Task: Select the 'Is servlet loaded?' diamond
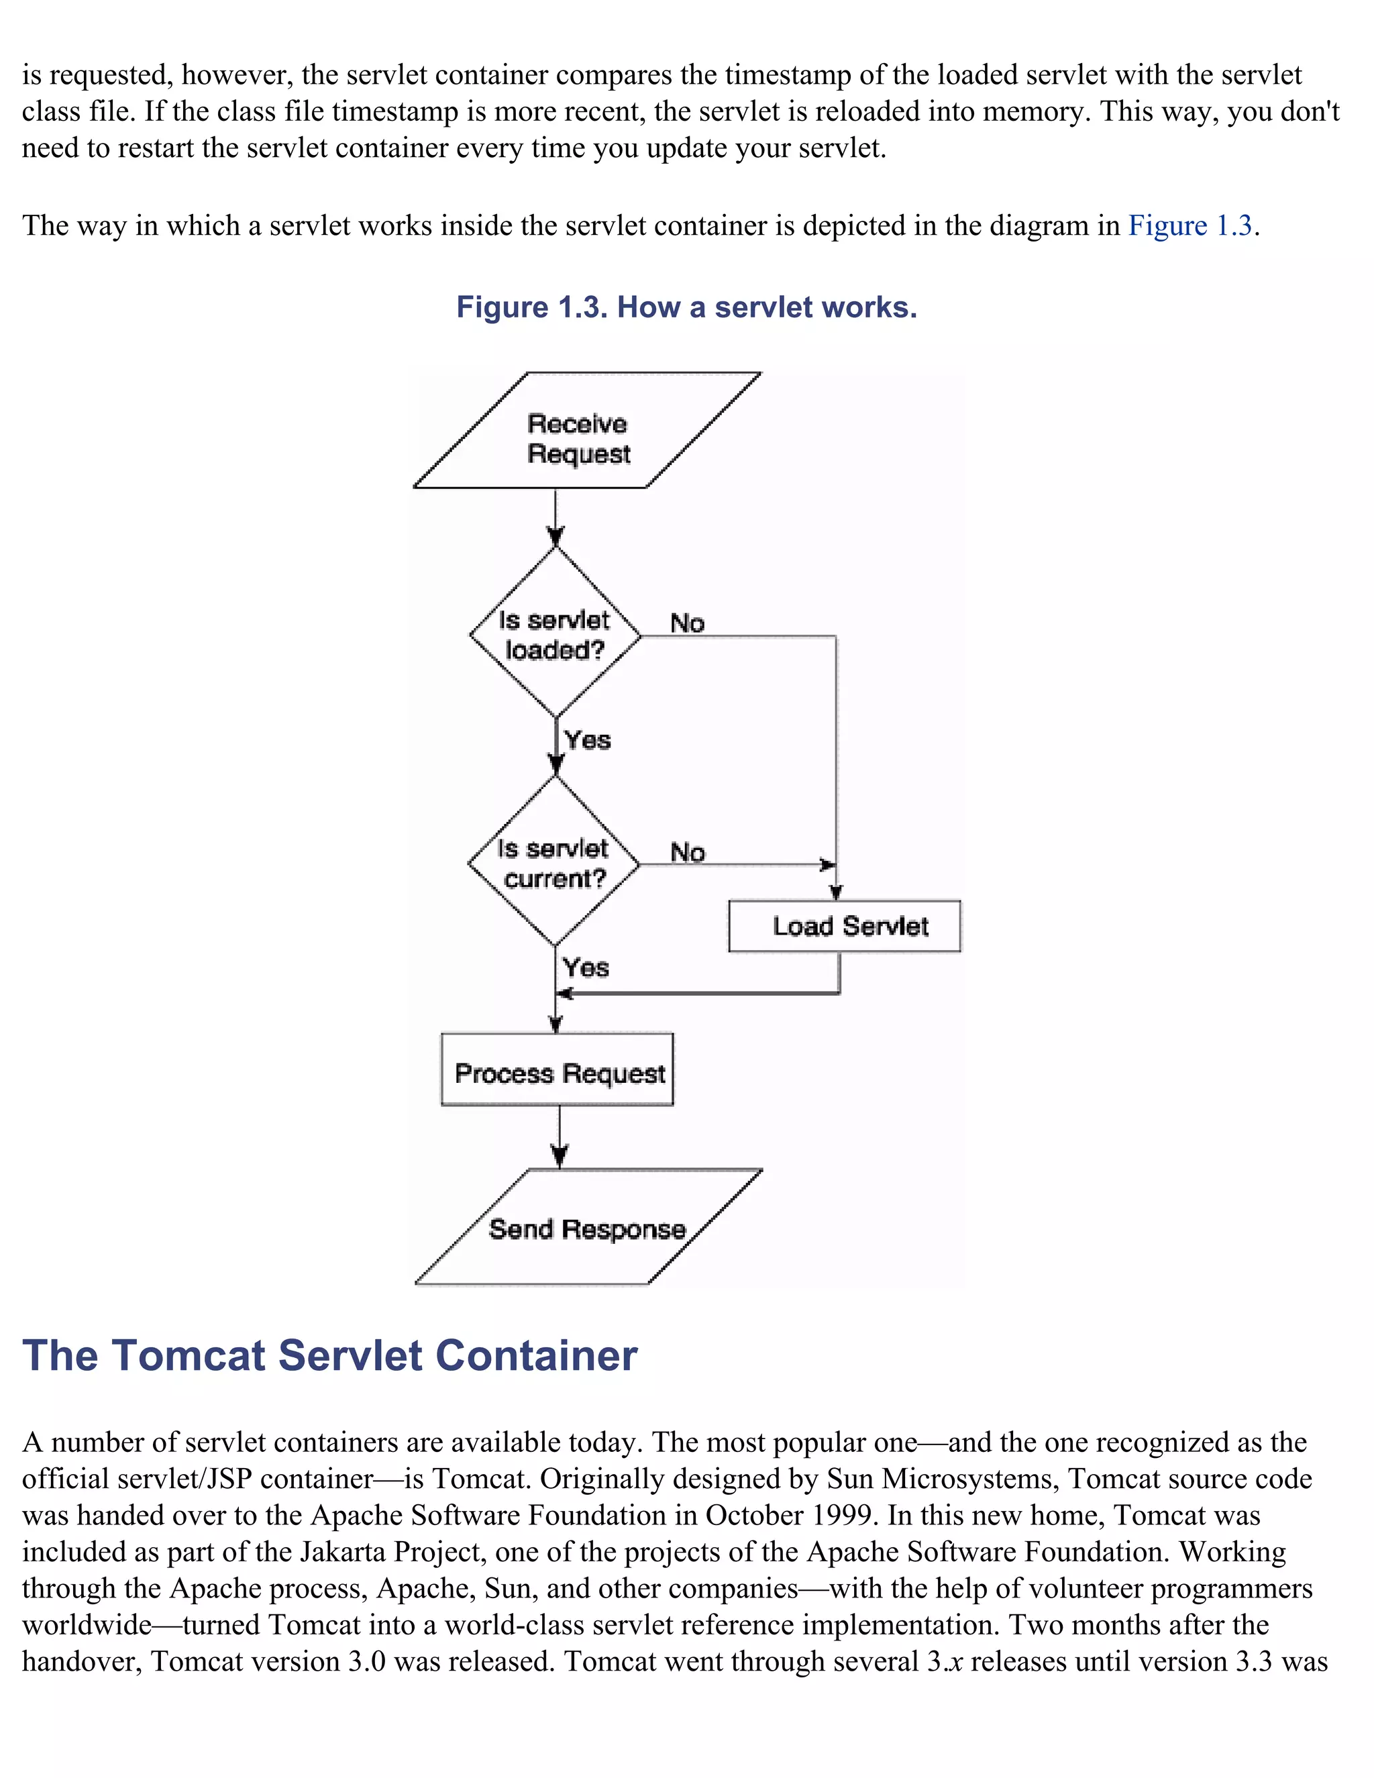(555, 634)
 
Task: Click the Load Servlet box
(845, 926)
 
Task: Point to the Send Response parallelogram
(588, 1228)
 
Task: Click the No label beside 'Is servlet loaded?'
(687, 623)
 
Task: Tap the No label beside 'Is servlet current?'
(687, 852)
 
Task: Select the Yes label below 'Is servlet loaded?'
(588, 740)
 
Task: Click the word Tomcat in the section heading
(189, 1356)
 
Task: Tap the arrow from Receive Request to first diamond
(555, 519)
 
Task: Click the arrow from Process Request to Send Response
(560, 1137)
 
